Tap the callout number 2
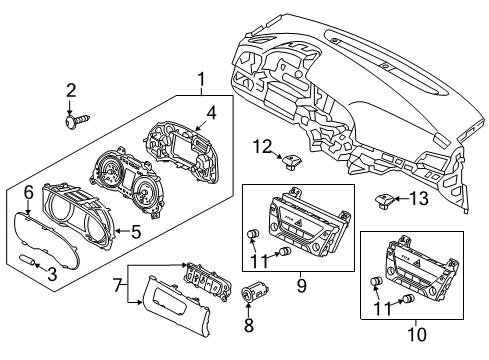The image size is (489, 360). tap(70, 91)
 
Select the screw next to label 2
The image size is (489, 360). tap(73, 121)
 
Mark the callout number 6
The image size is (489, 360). tap(29, 190)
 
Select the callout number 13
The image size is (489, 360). tap(417, 200)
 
